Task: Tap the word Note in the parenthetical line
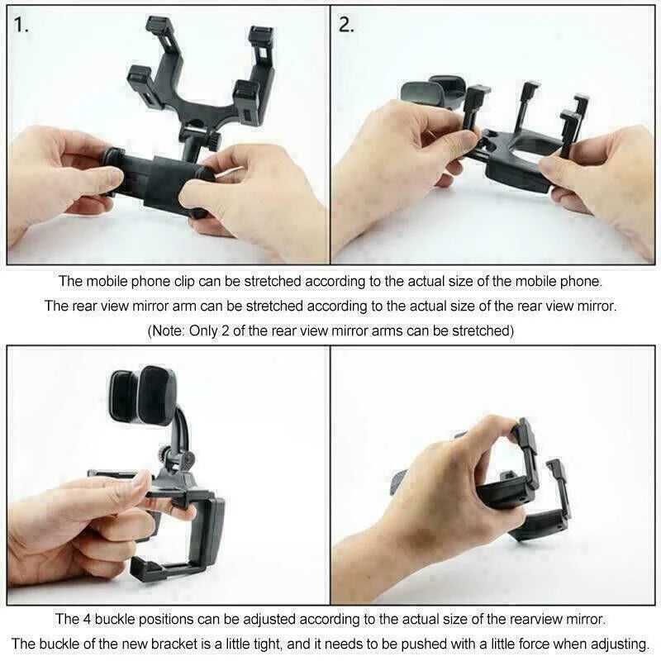169,330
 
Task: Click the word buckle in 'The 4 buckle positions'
116,618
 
